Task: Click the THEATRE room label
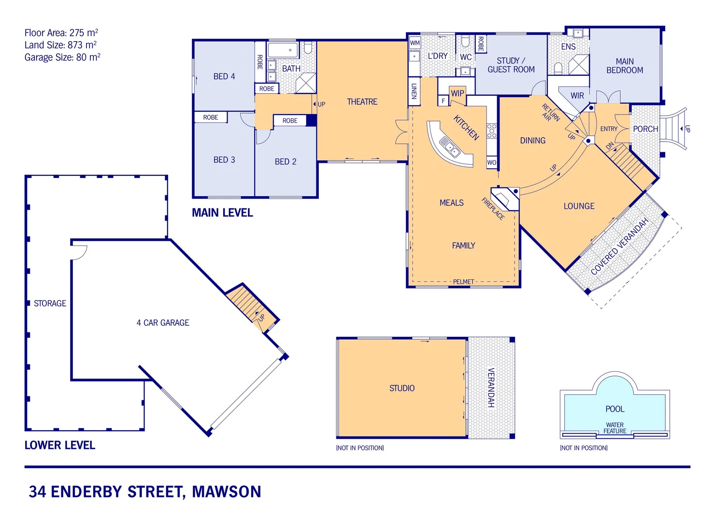(362, 101)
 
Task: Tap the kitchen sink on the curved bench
(449, 145)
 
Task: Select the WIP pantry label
(457, 93)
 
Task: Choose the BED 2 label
(286, 161)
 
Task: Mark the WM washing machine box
(415, 43)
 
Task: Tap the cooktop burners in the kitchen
(491, 130)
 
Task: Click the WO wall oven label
(491, 162)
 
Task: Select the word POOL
(615, 409)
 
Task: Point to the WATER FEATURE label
(615, 428)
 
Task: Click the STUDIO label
(402, 388)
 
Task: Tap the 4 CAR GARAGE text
(163, 323)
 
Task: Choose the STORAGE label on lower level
(50, 304)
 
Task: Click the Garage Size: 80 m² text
(62, 57)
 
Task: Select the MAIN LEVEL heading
(222, 213)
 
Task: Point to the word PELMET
(463, 282)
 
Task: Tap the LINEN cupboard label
(414, 91)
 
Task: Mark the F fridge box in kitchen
(443, 101)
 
